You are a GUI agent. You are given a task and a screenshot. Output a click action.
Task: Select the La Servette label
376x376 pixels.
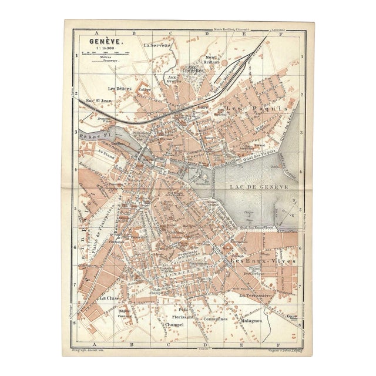[157, 45]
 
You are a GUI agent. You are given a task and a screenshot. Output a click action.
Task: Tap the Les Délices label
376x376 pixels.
[120, 89]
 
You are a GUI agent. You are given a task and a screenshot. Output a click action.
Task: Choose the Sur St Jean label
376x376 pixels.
[99, 101]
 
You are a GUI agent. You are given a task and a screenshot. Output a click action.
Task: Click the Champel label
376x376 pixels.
[175, 324]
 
